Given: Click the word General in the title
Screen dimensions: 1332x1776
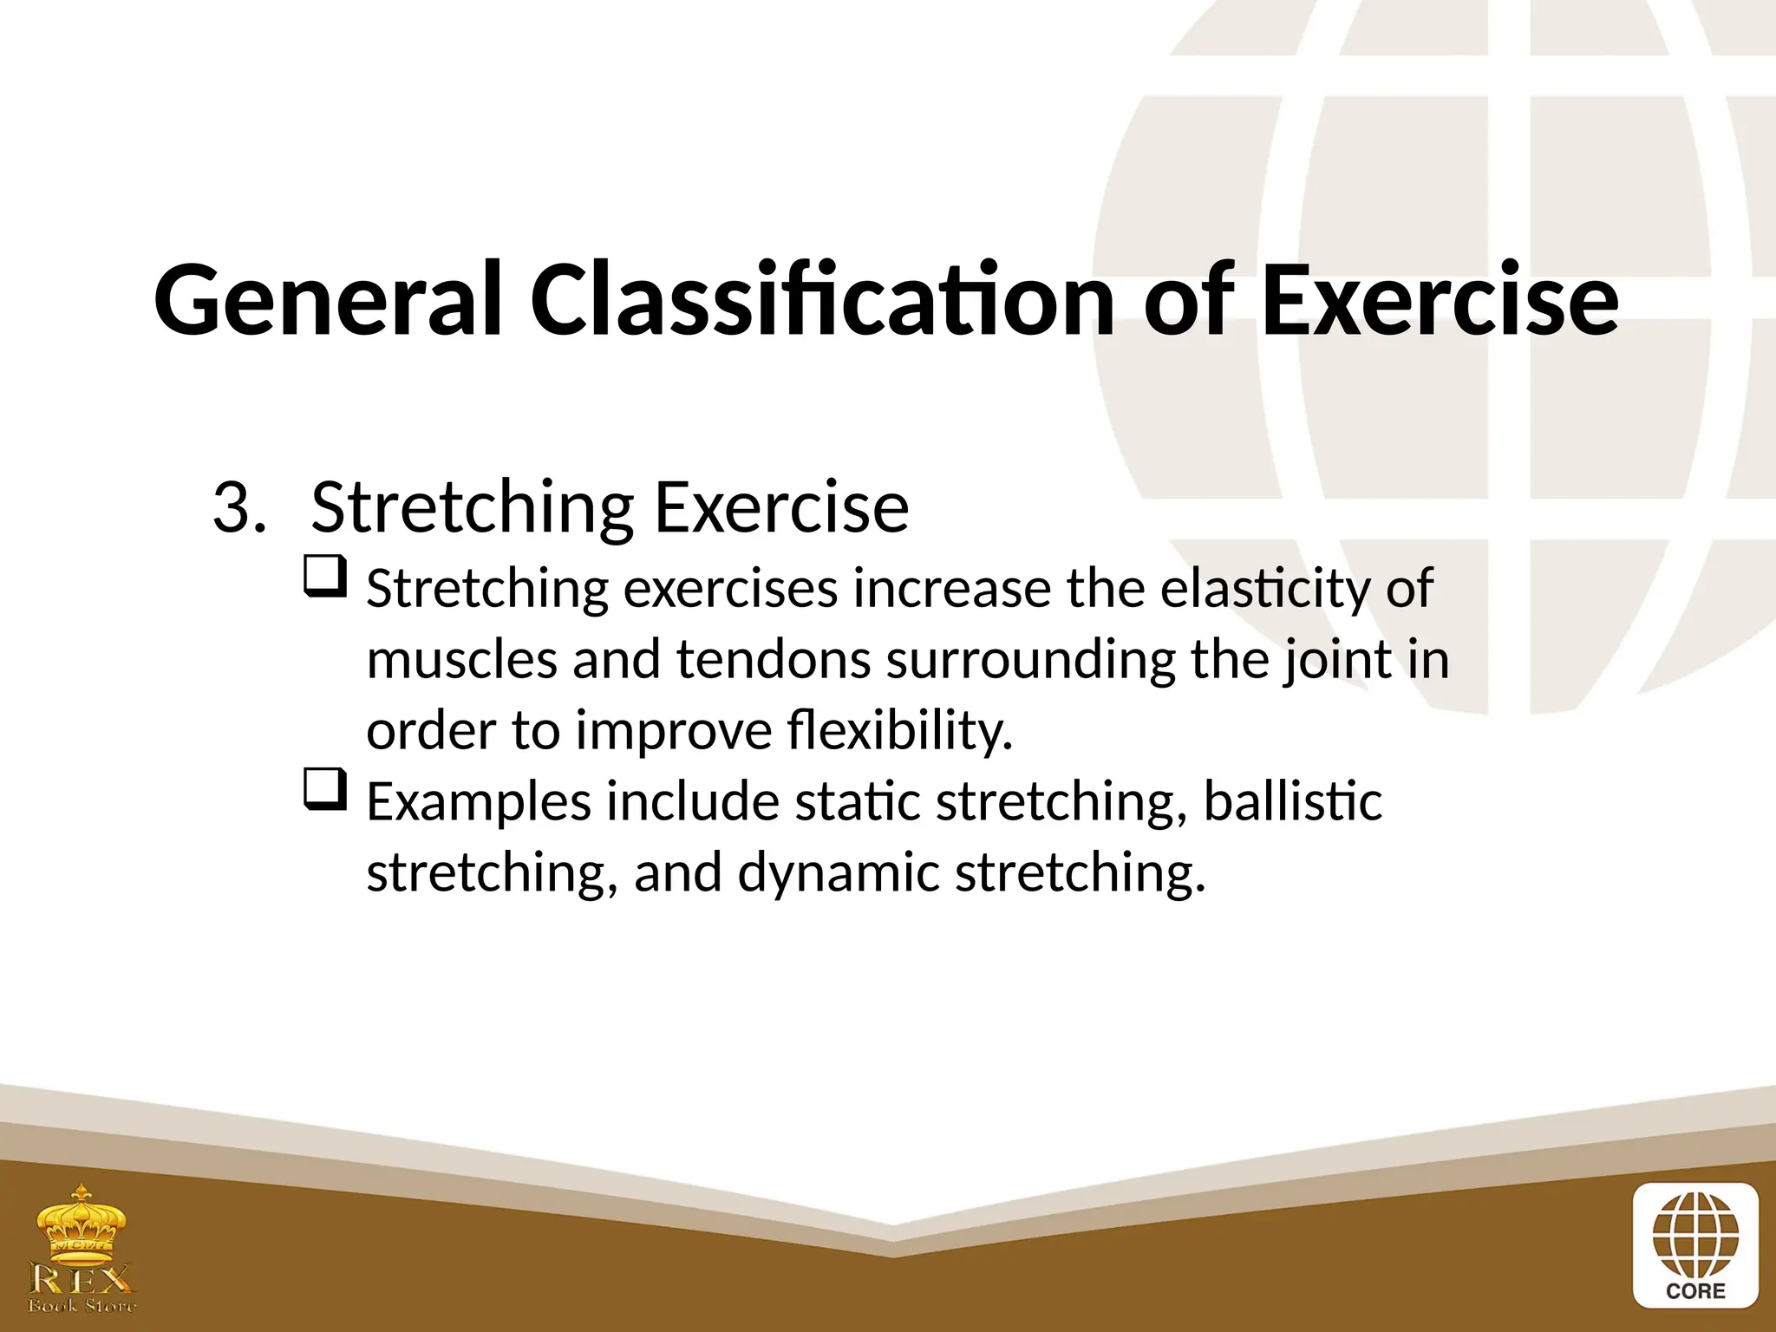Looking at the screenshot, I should (328, 300).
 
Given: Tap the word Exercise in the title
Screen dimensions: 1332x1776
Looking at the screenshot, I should (1440, 300).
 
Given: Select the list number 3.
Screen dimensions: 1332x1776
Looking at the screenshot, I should (238, 508).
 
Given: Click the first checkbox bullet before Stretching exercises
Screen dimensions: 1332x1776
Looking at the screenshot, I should (326, 577).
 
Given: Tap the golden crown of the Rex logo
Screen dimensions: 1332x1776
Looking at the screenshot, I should (82, 1224).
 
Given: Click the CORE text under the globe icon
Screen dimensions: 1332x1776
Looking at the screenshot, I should (1695, 1291).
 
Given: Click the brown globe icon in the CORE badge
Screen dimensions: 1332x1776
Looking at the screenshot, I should (1695, 1236).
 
